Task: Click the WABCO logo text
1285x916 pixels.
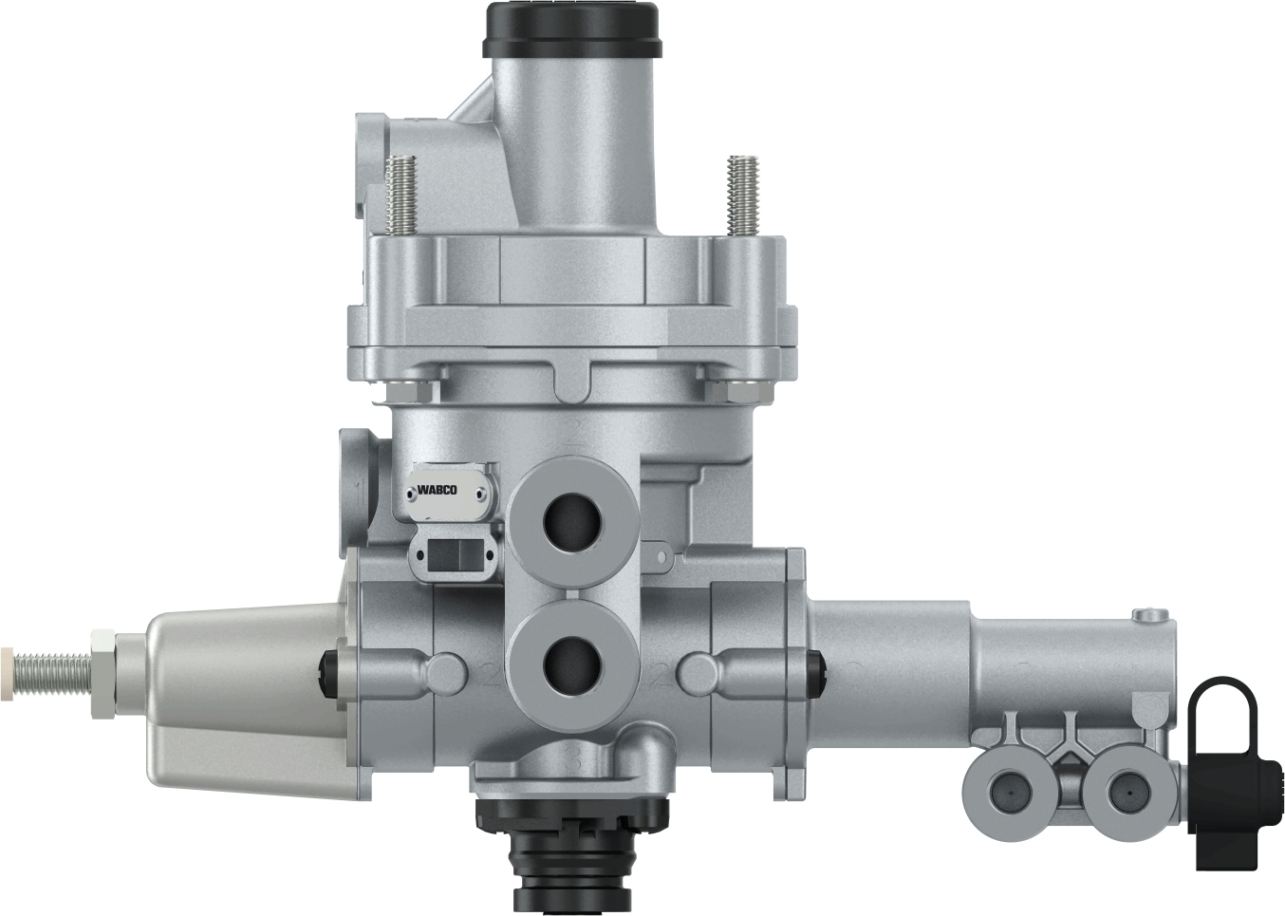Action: point(438,491)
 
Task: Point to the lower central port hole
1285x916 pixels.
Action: point(573,665)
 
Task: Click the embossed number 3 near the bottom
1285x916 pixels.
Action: point(572,759)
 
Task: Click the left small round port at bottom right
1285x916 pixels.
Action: point(1006,787)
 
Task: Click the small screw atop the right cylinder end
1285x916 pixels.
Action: point(1151,614)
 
